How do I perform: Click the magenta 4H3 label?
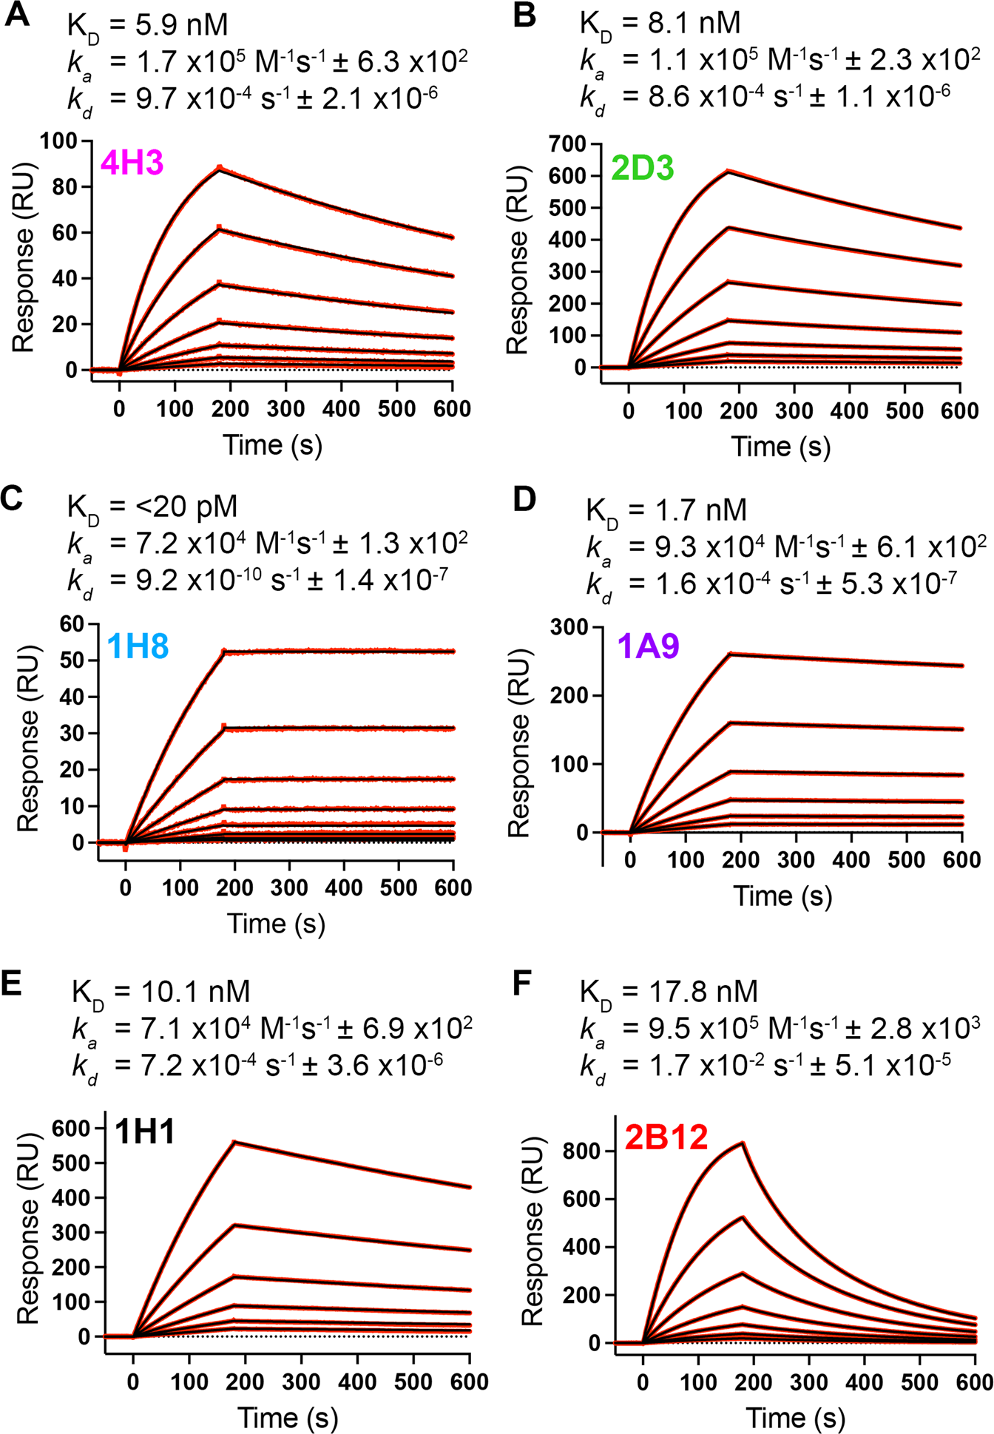point(132,163)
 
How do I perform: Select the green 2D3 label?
point(642,169)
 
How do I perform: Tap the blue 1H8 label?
point(138,646)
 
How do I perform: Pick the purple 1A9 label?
point(648,646)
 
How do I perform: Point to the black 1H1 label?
point(145,1132)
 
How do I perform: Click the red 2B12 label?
point(666,1137)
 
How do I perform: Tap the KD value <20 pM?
point(185,507)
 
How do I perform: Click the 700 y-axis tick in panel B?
point(567,143)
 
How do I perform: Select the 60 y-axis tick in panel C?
point(72,624)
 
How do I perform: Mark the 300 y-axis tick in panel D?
point(569,627)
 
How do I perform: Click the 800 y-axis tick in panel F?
point(582,1151)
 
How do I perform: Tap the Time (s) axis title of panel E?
point(288,1416)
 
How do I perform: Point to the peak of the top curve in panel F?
point(743,1143)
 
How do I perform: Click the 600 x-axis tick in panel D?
point(962,859)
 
